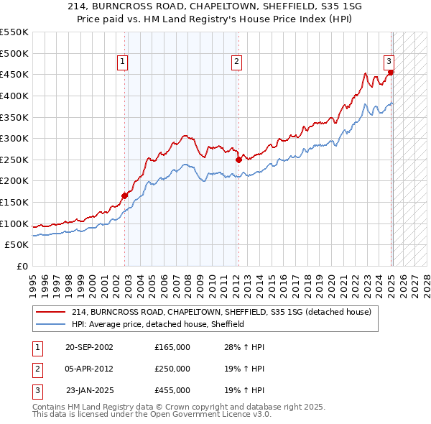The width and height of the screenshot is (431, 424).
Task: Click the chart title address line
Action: [215, 6]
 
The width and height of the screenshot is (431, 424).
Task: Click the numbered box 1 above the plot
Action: [123, 63]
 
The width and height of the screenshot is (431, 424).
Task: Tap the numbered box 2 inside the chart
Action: [236, 63]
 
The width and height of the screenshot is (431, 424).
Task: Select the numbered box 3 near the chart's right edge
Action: [389, 62]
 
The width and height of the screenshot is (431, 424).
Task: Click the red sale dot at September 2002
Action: [124, 195]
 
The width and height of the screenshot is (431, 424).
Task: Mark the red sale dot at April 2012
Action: [238, 159]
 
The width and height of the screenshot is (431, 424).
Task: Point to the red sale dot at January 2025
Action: [391, 72]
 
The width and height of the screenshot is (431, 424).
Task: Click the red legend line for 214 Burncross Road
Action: [50, 313]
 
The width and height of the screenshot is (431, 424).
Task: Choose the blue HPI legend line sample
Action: [50, 324]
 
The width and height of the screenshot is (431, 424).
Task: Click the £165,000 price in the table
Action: [172, 347]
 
